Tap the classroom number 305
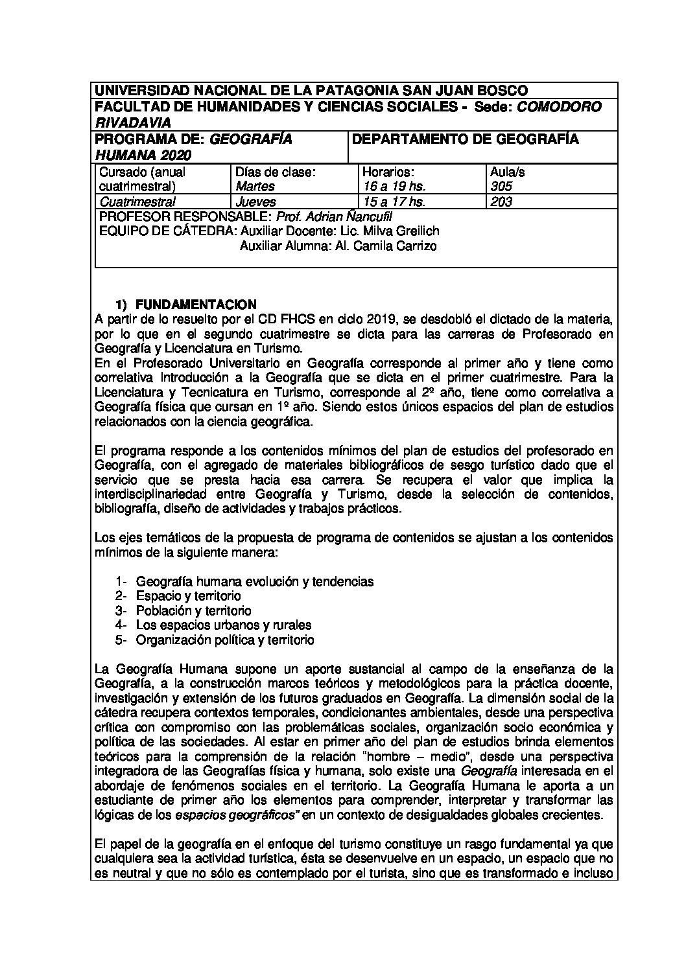point(502,186)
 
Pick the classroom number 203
point(502,202)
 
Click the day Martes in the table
point(255,186)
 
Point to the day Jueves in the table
point(255,202)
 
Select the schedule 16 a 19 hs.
point(394,186)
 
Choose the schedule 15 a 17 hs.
point(394,202)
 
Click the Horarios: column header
point(388,172)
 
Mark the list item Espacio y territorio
point(188,596)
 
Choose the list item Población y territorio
point(193,611)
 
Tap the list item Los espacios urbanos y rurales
point(224,625)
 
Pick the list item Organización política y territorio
point(225,640)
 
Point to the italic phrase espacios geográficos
point(237,815)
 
